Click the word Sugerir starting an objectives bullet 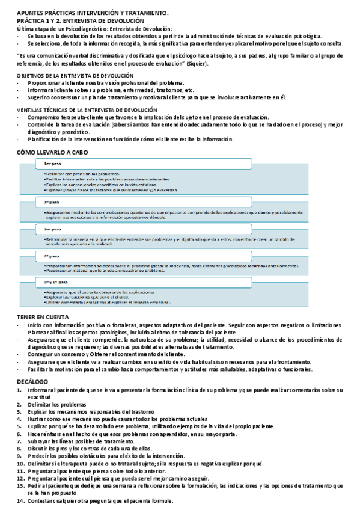point(38,97)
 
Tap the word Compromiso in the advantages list point(45,117)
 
